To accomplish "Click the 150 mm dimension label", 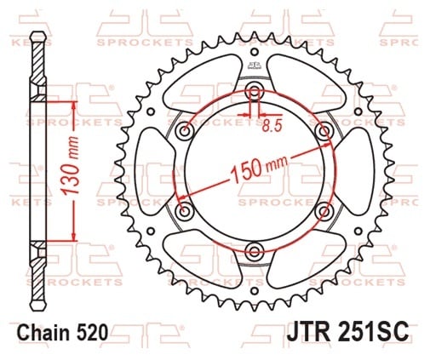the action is point(259,168).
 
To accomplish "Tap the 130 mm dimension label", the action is point(70,166).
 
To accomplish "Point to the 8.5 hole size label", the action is point(272,125).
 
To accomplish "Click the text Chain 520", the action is point(63,332).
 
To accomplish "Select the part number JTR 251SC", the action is point(347,332).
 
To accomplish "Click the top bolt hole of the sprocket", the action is point(255,91).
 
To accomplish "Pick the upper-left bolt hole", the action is point(186,131).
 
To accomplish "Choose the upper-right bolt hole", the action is point(324,131).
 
